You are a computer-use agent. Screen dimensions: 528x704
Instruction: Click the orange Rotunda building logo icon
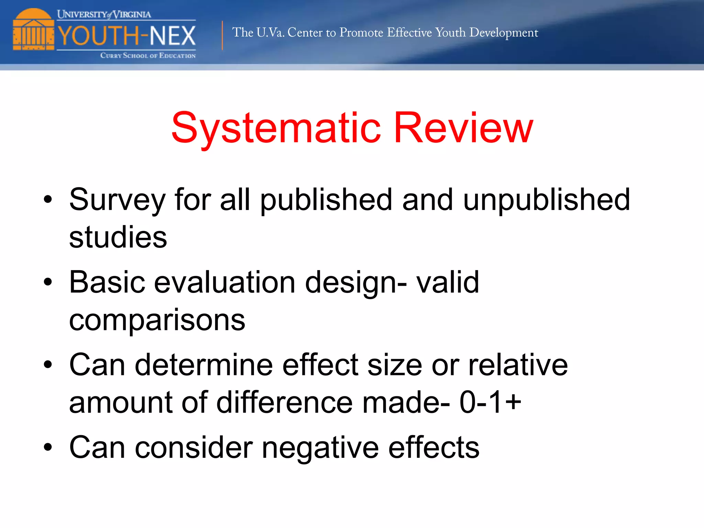tap(33, 30)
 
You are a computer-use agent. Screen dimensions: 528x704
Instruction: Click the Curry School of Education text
tap(148, 56)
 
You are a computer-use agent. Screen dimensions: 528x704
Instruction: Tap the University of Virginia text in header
tap(104, 14)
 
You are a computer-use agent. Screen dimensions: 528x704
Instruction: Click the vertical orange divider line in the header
tap(222, 35)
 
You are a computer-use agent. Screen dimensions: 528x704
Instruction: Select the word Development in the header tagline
tap(504, 33)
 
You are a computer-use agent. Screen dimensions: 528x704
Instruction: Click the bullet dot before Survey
tap(48, 199)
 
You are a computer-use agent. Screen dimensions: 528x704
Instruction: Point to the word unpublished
tap(547, 200)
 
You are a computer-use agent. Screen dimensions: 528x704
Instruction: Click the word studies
tap(118, 237)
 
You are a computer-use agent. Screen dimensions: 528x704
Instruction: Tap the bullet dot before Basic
tap(48, 282)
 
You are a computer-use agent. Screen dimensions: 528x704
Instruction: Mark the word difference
tap(284, 402)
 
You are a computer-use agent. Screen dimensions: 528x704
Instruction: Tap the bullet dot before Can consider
tap(48, 447)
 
